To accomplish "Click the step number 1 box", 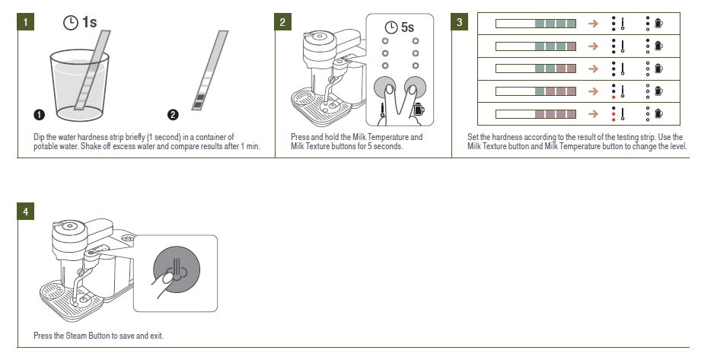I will pyautogui.click(x=26, y=22).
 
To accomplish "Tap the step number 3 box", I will pyautogui.click(x=459, y=22).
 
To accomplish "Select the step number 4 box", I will pyautogui.click(x=26, y=212).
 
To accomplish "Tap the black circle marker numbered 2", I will pyautogui.click(x=173, y=115).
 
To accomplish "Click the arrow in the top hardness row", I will pyautogui.click(x=594, y=24).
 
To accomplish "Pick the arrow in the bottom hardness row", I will pyautogui.click(x=594, y=114).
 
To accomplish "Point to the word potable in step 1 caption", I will pyautogui.click(x=53, y=146).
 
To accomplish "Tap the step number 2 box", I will pyautogui.click(x=282, y=22).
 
